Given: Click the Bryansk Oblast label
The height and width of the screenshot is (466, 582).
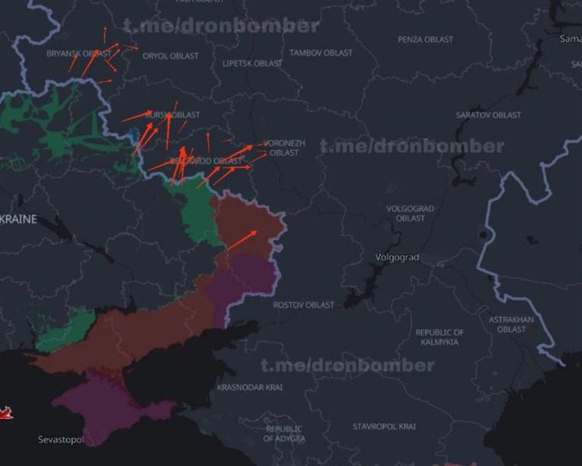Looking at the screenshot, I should pyautogui.click(x=79, y=53).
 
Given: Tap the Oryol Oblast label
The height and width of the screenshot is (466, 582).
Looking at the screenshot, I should pyautogui.click(x=170, y=56).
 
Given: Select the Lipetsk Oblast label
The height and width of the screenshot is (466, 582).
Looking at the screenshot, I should pyautogui.click(x=252, y=63).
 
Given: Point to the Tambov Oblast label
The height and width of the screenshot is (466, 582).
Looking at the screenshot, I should pyautogui.click(x=321, y=53).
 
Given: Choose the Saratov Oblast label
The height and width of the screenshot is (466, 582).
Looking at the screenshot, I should pyautogui.click(x=488, y=115).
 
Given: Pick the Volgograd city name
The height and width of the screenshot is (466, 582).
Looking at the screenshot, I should pyautogui.click(x=397, y=257).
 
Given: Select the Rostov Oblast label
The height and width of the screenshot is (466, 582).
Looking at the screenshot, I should pyautogui.click(x=304, y=305).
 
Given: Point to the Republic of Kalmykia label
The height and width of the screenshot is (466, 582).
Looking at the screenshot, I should pyautogui.click(x=439, y=337).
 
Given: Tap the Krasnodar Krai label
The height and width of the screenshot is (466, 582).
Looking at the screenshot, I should pyautogui.click(x=250, y=387).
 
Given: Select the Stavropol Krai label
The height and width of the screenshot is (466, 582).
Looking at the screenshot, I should pyautogui.click(x=384, y=426).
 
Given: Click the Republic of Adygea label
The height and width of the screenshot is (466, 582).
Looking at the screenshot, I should pyautogui.click(x=283, y=433).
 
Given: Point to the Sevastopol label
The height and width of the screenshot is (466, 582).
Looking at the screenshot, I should pyautogui.click(x=61, y=439).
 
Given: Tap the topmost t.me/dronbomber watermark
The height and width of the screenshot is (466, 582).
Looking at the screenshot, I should pyautogui.click(x=221, y=26).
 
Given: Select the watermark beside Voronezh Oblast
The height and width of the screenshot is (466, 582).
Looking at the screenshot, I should pyautogui.click(x=412, y=146).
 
